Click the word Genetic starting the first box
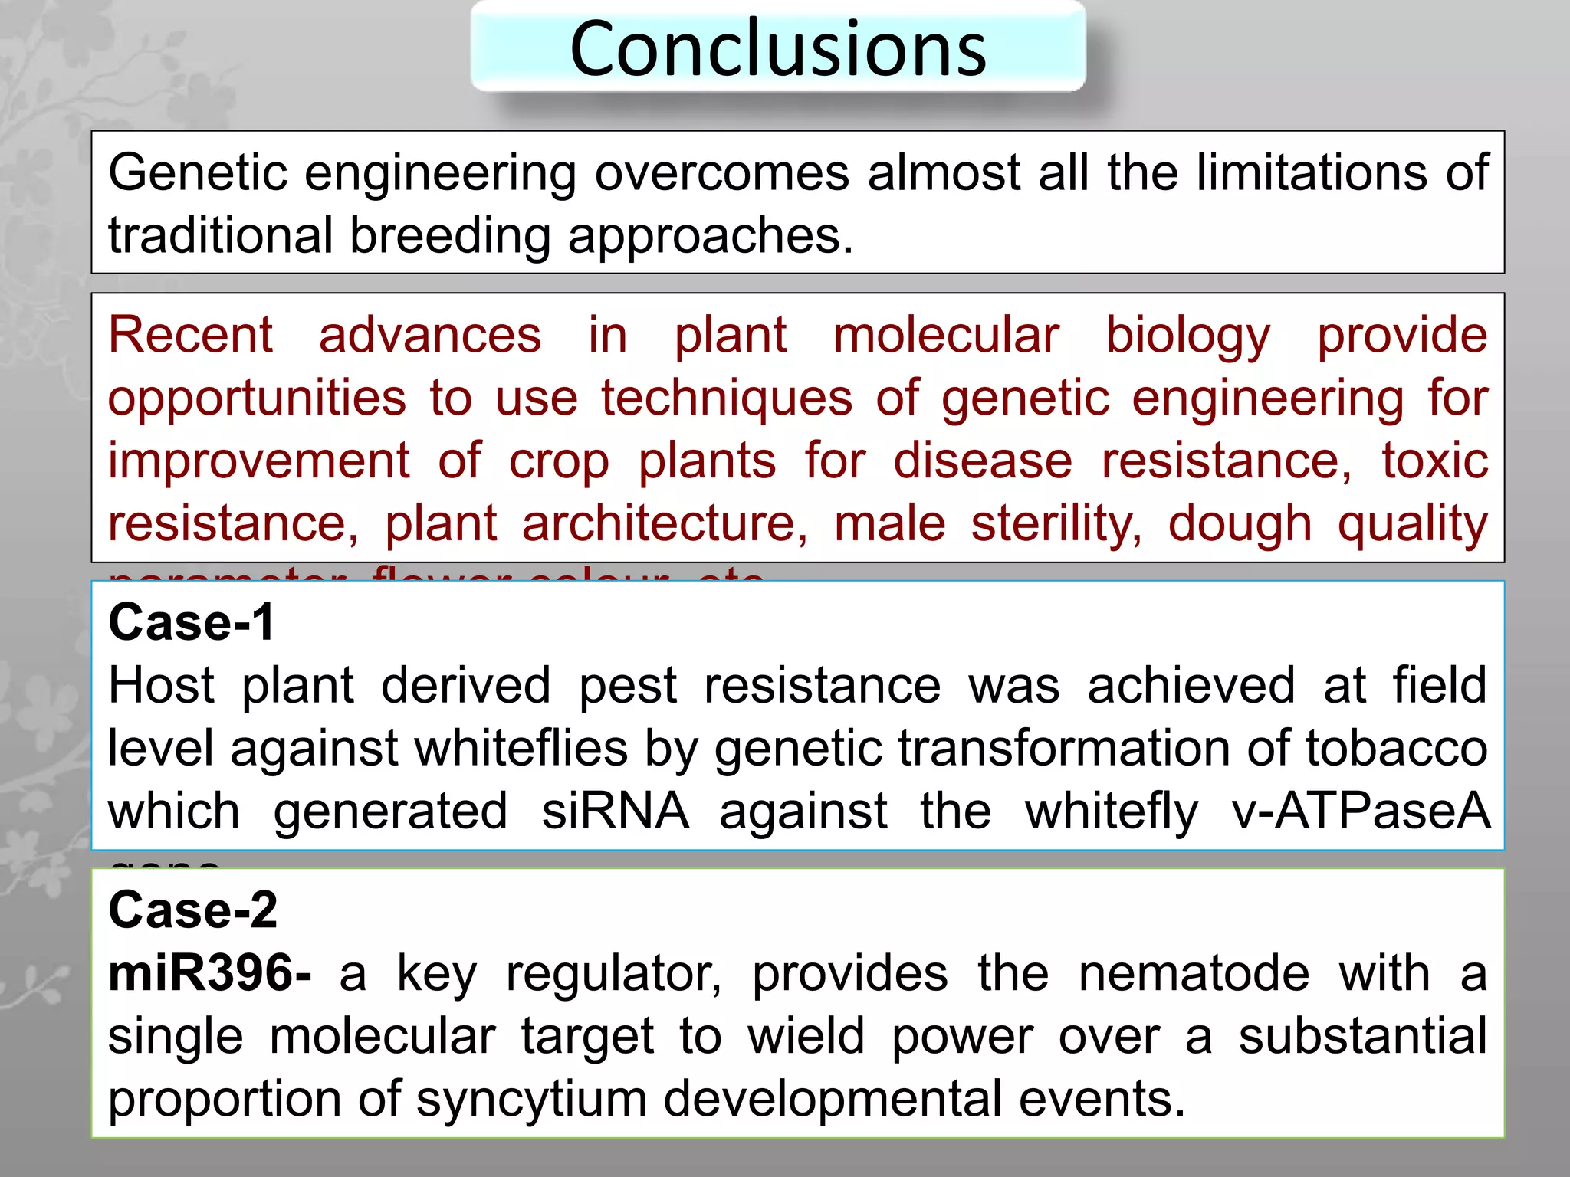[x=198, y=172]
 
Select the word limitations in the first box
[x=1312, y=172]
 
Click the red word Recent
[x=190, y=335]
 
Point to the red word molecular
[x=946, y=335]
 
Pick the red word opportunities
[x=257, y=399]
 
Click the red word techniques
[x=727, y=398]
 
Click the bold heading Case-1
[x=192, y=622]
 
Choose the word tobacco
[x=1397, y=748]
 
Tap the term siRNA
[x=615, y=811]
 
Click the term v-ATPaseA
[x=1361, y=811]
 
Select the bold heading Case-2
[x=193, y=910]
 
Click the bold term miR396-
[x=209, y=973]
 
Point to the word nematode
[x=1194, y=973]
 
